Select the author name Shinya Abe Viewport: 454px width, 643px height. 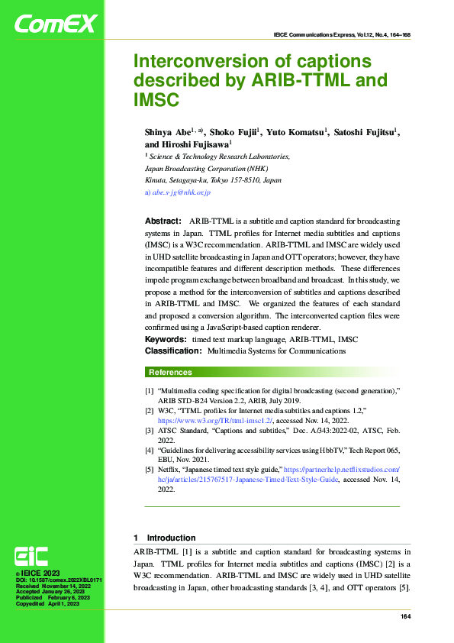tap(167, 132)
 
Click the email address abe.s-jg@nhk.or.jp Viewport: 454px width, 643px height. tap(182, 192)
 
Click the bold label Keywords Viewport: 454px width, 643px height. tap(166, 339)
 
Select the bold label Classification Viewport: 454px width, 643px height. tap(172, 351)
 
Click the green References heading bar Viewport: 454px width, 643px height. tap(272, 373)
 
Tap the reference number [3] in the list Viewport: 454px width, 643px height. tap(150, 431)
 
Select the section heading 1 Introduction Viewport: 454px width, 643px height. tap(165, 538)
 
